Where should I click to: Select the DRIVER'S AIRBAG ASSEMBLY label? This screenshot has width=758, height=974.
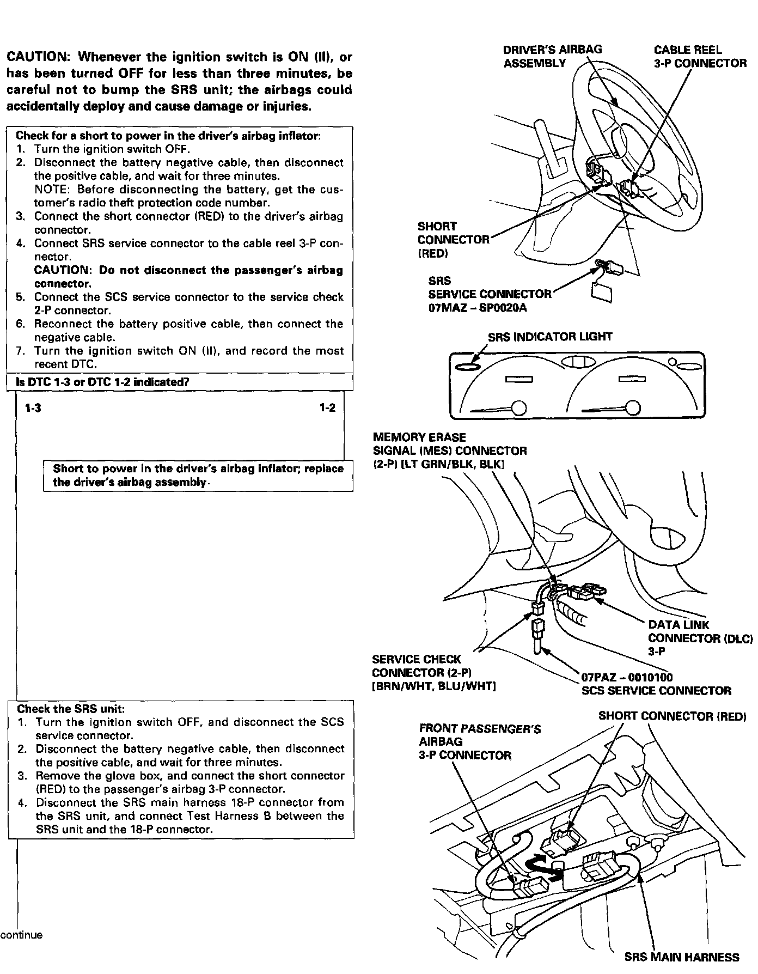pos(552,57)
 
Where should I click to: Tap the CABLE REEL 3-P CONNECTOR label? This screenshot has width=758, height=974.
pos(700,57)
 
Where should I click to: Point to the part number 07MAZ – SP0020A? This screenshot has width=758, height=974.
pos(478,308)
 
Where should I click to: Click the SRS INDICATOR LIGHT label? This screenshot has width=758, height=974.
pos(550,337)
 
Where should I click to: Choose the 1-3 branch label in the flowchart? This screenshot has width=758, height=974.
pos(33,408)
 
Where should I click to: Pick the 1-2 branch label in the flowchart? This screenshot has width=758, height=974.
pos(327,408)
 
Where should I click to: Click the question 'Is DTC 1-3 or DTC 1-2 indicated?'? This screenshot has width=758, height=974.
pos(102,382)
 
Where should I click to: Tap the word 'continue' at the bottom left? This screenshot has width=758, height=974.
pos(21,935)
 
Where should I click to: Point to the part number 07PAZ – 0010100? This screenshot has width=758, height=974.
pos(627,678)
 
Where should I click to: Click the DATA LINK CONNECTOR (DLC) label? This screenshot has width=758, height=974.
pos(700,638)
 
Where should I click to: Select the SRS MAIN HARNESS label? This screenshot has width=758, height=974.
pos(681,957)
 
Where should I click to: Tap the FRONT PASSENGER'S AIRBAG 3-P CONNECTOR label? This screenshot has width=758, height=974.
pos(479,742)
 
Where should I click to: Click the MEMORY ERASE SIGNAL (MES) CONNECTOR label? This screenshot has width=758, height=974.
pos(449,451)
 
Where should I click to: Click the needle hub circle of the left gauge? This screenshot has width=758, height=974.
pos(519,408)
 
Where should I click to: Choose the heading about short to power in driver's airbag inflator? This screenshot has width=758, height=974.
pos(168,136)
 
